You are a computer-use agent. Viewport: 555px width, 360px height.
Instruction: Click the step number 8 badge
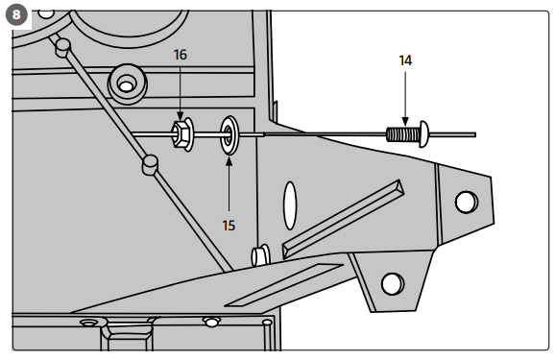[x=17, y=16]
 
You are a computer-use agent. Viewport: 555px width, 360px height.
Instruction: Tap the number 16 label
[x=180, y=56]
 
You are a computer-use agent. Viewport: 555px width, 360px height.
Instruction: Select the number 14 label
[x=405, y=60]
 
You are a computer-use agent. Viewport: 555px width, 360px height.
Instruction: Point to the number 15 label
[x=229, y=226]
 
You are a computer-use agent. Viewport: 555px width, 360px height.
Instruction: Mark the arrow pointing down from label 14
[x=405, y=96]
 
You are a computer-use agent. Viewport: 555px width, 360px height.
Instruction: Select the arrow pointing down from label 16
[x=181, y=91]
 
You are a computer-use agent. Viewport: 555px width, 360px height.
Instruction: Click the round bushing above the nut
[x=125, y=84]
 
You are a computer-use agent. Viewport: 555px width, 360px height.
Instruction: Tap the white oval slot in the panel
[x=289, y=204]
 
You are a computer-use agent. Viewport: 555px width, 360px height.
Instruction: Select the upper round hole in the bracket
[x=466, y=202]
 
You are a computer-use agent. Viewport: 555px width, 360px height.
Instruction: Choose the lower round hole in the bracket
[x=391, y=283]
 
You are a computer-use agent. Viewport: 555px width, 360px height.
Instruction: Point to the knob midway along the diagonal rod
[x=149, y=166]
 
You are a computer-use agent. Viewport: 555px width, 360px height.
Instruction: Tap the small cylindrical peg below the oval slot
[x=259, y=255]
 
